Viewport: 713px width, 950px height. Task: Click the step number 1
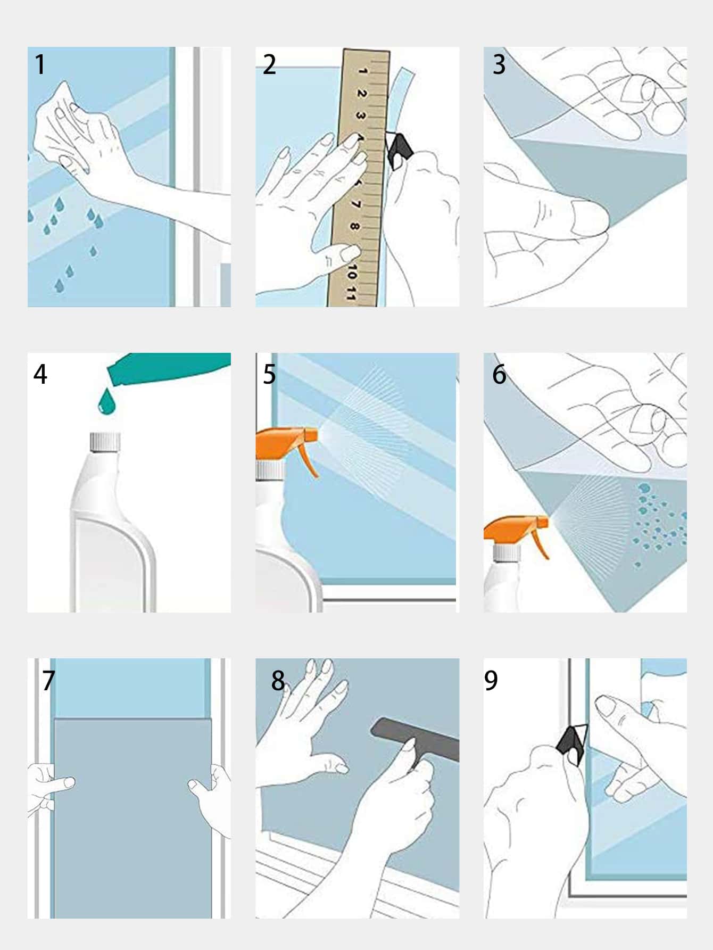[40, 64]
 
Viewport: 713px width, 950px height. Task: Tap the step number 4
[40, 374]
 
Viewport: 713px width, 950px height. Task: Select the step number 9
[491, 680]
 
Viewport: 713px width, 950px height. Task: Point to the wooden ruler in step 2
[359, 178]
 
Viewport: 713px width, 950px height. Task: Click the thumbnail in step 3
[589, 217]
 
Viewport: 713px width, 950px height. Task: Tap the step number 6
[499, 374]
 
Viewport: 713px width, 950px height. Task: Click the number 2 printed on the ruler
[361, 94]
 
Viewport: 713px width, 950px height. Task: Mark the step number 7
[48, 680]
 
